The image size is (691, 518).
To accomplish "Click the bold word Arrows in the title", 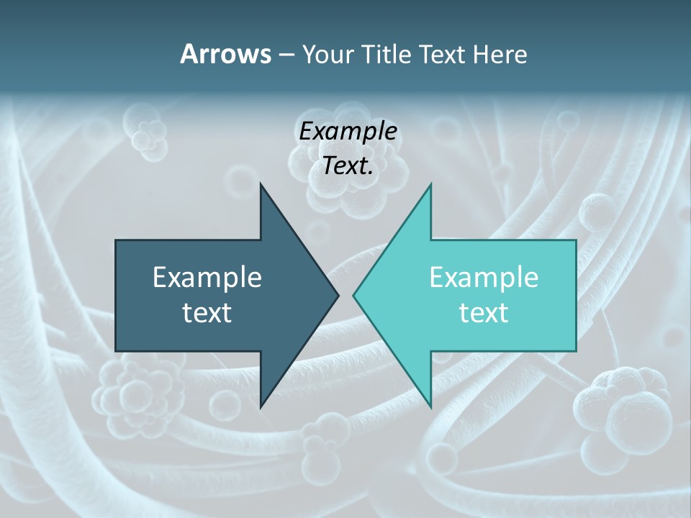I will [x=225, y=54].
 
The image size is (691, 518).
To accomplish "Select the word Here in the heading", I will [x=500, y=54].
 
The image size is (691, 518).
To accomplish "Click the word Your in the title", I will [x=328, y=55].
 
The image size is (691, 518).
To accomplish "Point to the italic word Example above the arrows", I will [x=348, y=131].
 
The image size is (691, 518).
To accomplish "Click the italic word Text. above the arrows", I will [x=348, y=166].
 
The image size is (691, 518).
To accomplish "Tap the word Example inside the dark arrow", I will [x=207, y=277].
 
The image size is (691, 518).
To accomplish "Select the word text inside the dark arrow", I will [x=207, y=313].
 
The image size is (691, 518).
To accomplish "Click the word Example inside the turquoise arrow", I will [x=484, y=277].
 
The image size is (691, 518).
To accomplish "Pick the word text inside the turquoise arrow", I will [x=484, y=313].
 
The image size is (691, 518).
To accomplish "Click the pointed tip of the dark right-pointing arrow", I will [x=338, y=295].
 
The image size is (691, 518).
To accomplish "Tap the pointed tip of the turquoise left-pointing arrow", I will [x=354, y=295].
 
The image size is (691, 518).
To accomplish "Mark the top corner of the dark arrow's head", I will [x=261, y=184].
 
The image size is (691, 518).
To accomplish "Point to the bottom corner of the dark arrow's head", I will [x=261, y=407].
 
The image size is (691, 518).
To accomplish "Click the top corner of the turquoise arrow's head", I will [x=430, y=185].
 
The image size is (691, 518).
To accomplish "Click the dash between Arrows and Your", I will [x=286, y=55].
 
